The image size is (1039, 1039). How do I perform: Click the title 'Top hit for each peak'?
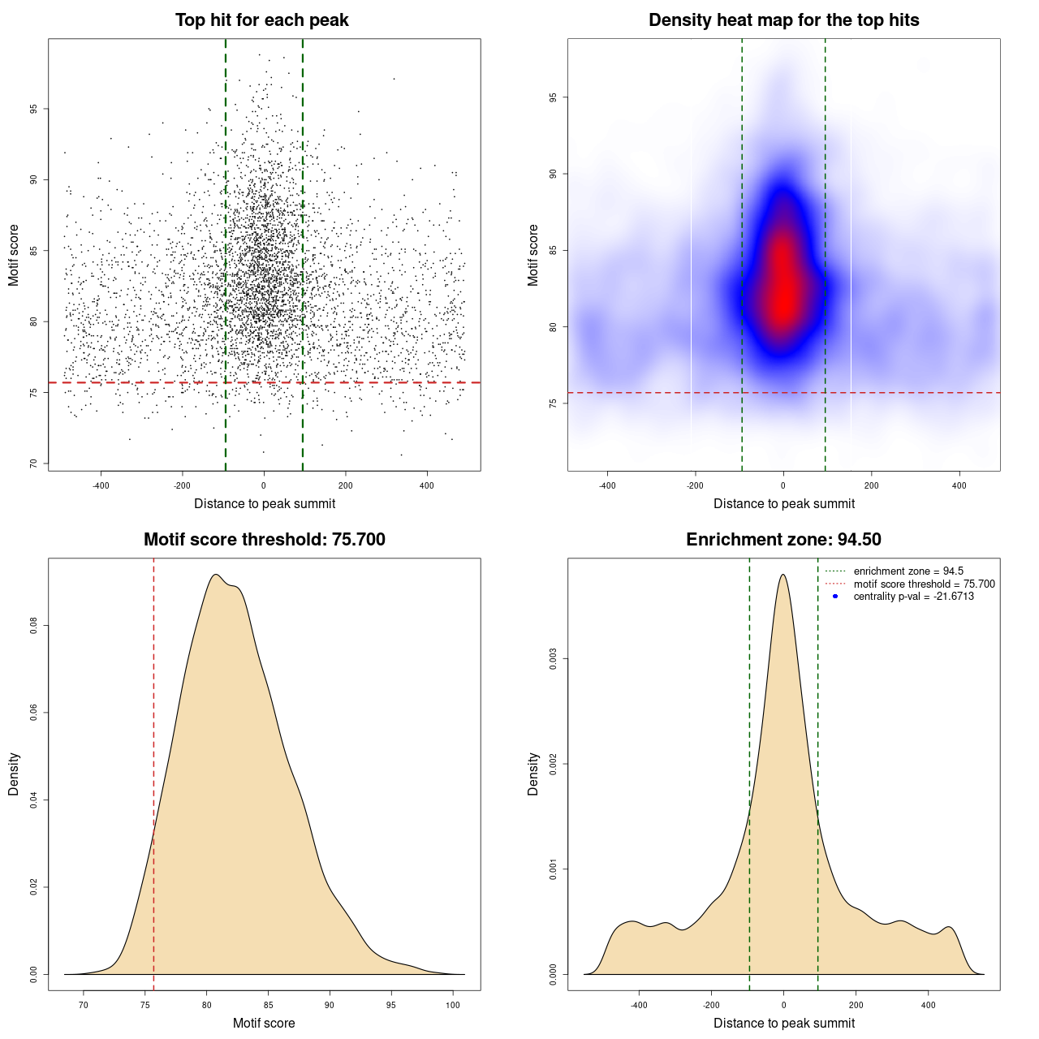coord(262,20)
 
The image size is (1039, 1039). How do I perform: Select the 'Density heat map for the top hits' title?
coord(783,20)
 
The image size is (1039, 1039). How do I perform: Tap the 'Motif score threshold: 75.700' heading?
coord(264,540)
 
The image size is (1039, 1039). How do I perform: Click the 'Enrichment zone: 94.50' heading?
coord(783,540)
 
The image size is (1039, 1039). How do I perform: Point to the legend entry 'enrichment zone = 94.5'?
coord(908,571)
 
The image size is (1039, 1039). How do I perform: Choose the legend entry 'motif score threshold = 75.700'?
coord(924,584)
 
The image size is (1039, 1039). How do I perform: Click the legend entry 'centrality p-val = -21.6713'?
coord(913,597)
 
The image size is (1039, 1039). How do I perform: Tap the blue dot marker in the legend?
coord(835,597)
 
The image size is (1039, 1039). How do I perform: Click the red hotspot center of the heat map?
coord(783,296)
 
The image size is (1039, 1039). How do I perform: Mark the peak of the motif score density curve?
coord(215,575)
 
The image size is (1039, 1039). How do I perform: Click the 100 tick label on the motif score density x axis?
coord(453,1005)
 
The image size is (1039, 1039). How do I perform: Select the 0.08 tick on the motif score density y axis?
coord(33,626)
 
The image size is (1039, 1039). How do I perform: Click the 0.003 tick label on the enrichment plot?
coord(553,659)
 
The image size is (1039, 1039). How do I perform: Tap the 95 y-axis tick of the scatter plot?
coord(33,109)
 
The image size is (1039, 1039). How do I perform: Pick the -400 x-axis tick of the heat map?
coord(607,485)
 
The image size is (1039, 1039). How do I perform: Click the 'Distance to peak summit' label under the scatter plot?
coord(265,504)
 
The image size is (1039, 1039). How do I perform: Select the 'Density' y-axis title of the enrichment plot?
coord(533,774)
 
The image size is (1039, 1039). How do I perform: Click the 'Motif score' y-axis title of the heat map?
coord(533,255)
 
